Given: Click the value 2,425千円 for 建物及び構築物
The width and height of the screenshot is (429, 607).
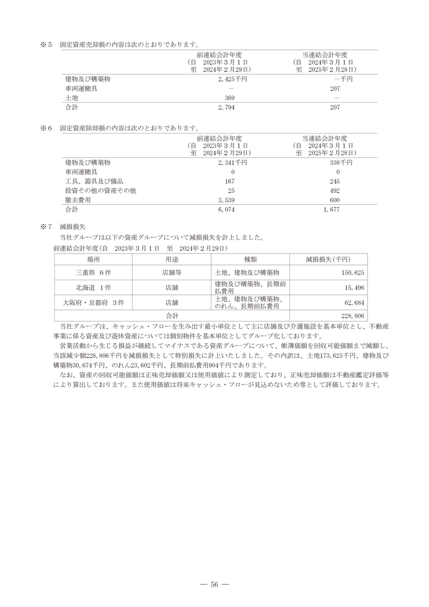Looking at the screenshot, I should coord(232,79).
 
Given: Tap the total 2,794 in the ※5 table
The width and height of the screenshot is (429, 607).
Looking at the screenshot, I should coord(225,108).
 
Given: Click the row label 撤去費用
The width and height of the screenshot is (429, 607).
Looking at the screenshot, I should coord(78,200).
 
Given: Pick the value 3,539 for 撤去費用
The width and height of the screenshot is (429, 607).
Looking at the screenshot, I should coord(225,200).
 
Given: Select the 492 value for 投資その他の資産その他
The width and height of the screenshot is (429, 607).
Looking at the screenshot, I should coord(335,191).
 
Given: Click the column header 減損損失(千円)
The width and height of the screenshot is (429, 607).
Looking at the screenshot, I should coord(328,259).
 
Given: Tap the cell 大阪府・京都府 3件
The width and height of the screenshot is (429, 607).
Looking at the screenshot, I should coord(94,302).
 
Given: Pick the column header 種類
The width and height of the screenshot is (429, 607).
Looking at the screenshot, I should coord(250,259).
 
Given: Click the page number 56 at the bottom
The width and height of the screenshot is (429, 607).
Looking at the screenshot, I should coord(214,584).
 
